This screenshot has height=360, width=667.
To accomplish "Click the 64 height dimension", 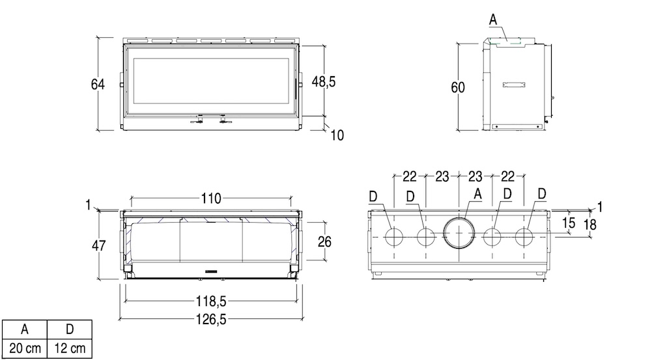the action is (x=98, y=84).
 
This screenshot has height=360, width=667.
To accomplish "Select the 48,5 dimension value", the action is (x=324, y=81).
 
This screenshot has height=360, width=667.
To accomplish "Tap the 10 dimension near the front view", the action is (x=337, y=135).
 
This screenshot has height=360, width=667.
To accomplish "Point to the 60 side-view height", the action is (x=458, y=87).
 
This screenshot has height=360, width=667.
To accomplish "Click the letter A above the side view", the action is (x=493, y=20).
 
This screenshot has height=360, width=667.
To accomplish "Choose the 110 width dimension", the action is (x=211, y=199).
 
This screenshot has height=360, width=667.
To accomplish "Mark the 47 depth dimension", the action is (x=99, y=245).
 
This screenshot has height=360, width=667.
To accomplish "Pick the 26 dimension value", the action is (x=324, y=242).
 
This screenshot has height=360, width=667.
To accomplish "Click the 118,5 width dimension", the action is (x=211, y=301).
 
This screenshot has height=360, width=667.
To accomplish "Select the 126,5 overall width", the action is (x=211, y=319).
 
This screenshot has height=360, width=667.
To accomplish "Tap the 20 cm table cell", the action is (x=25, y=348).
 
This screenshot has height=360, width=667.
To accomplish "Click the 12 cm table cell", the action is (x=70, y=348).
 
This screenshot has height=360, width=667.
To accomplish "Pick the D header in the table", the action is (x=70, y=329).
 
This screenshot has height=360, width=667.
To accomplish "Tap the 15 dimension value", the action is (x=569, y=223).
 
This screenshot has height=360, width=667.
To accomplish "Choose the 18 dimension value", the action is (x=590, y=225).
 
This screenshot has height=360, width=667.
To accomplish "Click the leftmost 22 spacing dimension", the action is (x=410, y=176).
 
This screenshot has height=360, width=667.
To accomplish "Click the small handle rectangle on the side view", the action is (x=515, y=85).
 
